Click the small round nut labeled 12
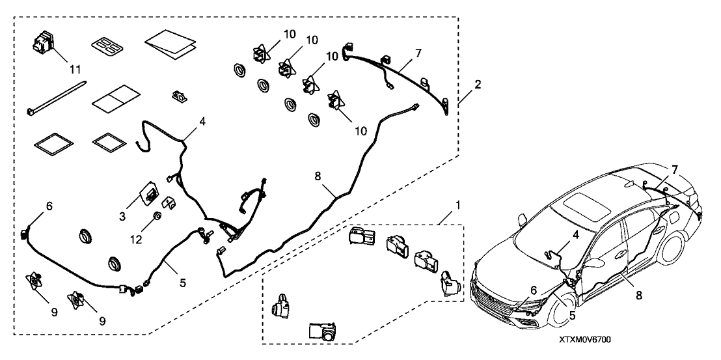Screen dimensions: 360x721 [x=157, y=216]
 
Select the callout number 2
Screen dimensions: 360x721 [x=478, y=85]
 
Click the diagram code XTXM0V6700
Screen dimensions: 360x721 [x=583, y=340]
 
